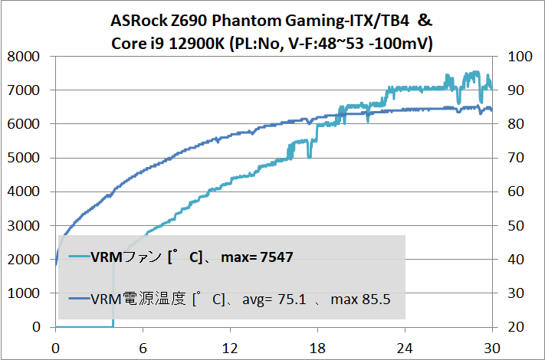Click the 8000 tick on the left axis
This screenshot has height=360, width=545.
click(25, 56)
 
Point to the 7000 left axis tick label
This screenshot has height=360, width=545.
click(25, 90)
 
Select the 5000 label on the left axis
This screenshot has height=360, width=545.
click(25, 158)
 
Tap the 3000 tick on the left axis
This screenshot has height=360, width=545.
click(25, 225)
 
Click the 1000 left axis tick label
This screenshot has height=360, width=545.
click(25, 293)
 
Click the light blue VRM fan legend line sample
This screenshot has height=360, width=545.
click(75, 256)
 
